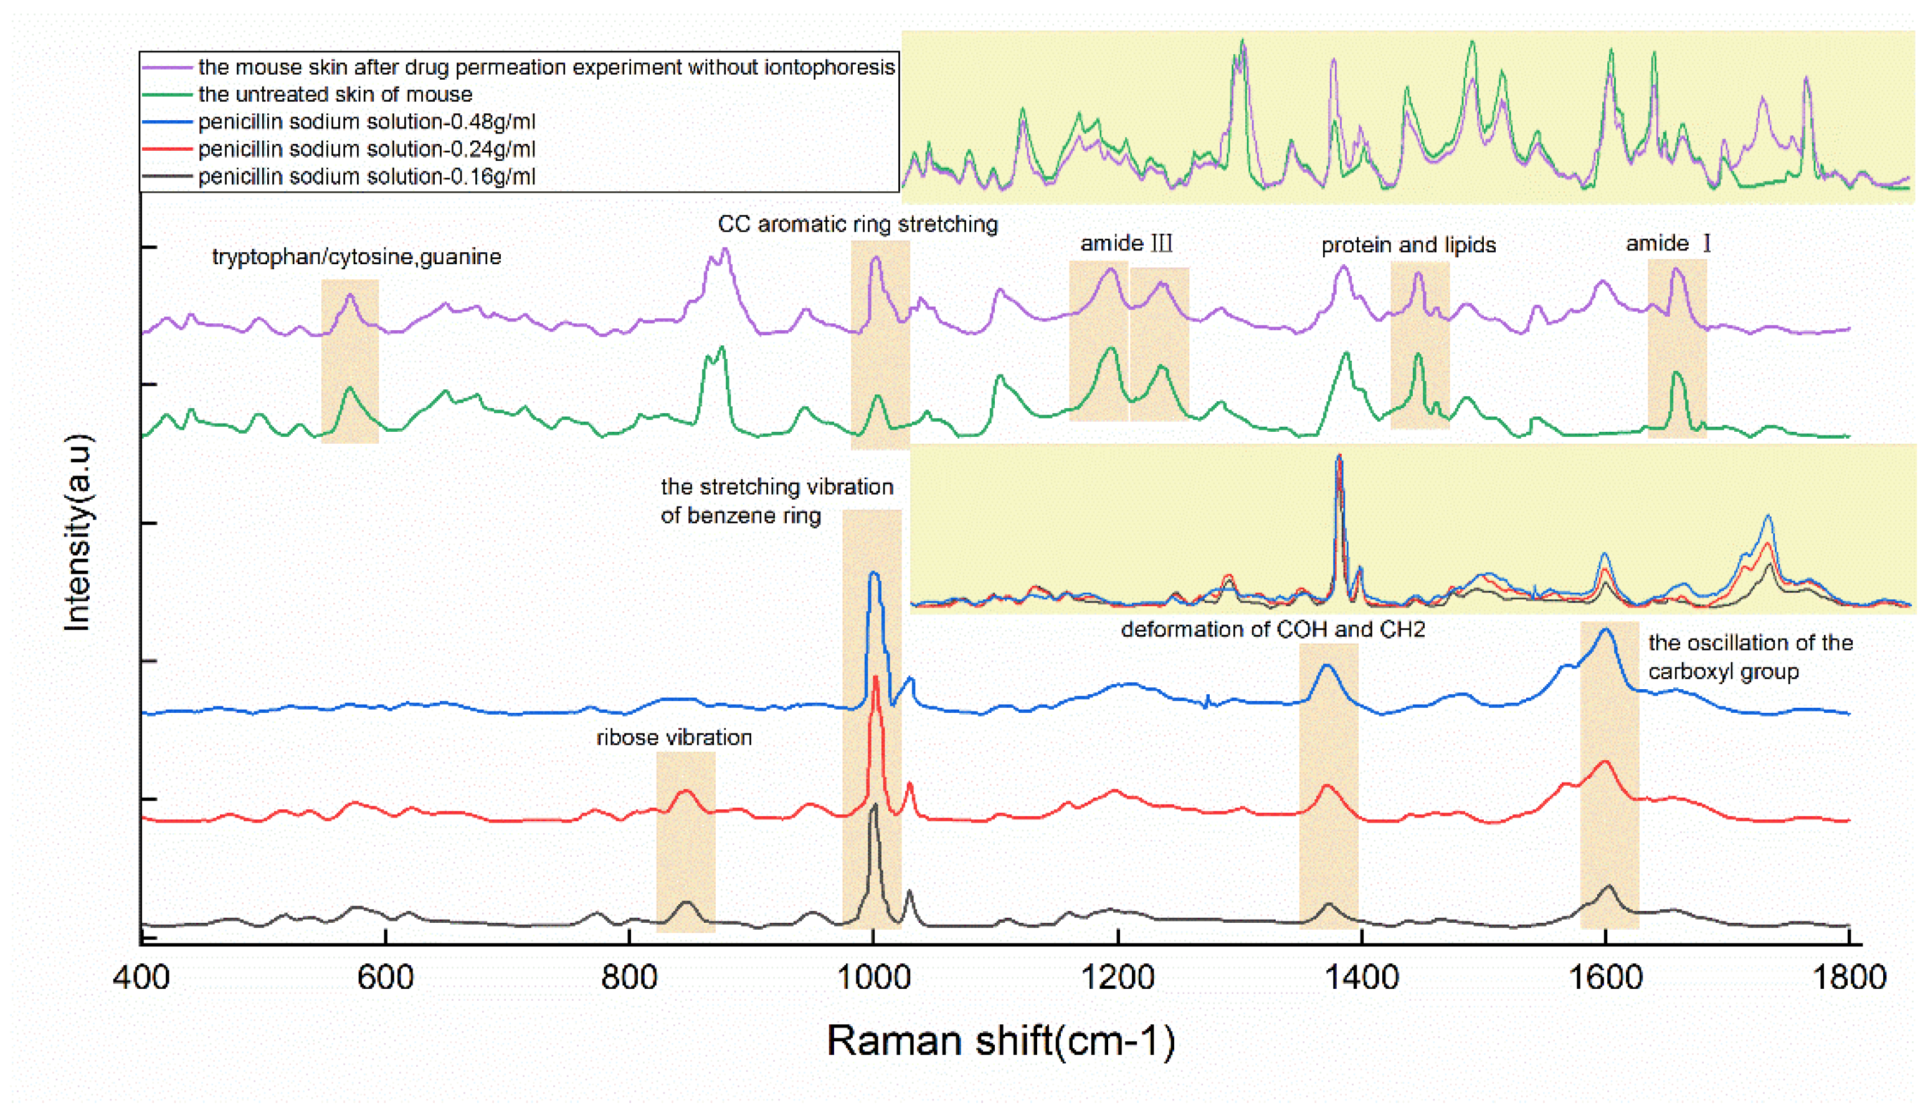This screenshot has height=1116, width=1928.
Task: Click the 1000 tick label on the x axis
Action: point(872,978)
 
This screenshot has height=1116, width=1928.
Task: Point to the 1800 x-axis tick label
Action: point(1849,978)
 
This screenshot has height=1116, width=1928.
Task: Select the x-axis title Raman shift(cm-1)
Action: point(1000,1041)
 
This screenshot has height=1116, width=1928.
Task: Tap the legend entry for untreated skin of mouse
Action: point(335,94)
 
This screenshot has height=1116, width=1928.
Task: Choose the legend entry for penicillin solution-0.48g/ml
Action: point(366,122)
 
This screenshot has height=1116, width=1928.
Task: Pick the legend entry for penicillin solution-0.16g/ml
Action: point(366,177)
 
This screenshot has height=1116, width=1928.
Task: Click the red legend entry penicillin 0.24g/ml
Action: point(366,150)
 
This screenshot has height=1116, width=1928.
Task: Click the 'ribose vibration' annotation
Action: point(674,737)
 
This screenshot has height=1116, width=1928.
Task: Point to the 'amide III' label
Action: point(1126,244)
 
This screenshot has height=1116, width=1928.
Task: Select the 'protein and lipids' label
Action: point(1408,245)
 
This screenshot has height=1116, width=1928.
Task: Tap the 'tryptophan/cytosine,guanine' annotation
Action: point(356,257)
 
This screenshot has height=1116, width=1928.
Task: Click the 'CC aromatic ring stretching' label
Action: point(857,224)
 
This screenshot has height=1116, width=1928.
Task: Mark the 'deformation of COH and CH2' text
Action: point(1272,629)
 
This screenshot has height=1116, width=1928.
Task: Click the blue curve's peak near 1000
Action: point(873,573)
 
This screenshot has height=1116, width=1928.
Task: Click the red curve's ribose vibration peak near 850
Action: point(685,791)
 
